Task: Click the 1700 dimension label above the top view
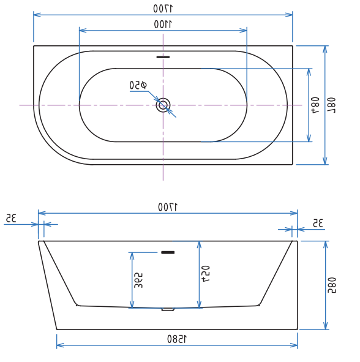tap(163, 8)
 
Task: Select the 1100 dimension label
tap(163, 24)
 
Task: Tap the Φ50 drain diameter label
tap(138, 85)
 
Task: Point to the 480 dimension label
tap(316, 105)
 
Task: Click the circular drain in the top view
tap(163, 105)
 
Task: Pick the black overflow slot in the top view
tap(163, 57)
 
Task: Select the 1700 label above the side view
tap(168, 207)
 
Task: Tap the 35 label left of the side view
tap(10, 218)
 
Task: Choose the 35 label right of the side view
tap(317, 224)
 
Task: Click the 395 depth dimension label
tap(140, 280)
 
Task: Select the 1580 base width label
tap(177, 339)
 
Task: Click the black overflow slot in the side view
tap(167, 252)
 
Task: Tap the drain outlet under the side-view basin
tap(168, 309)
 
